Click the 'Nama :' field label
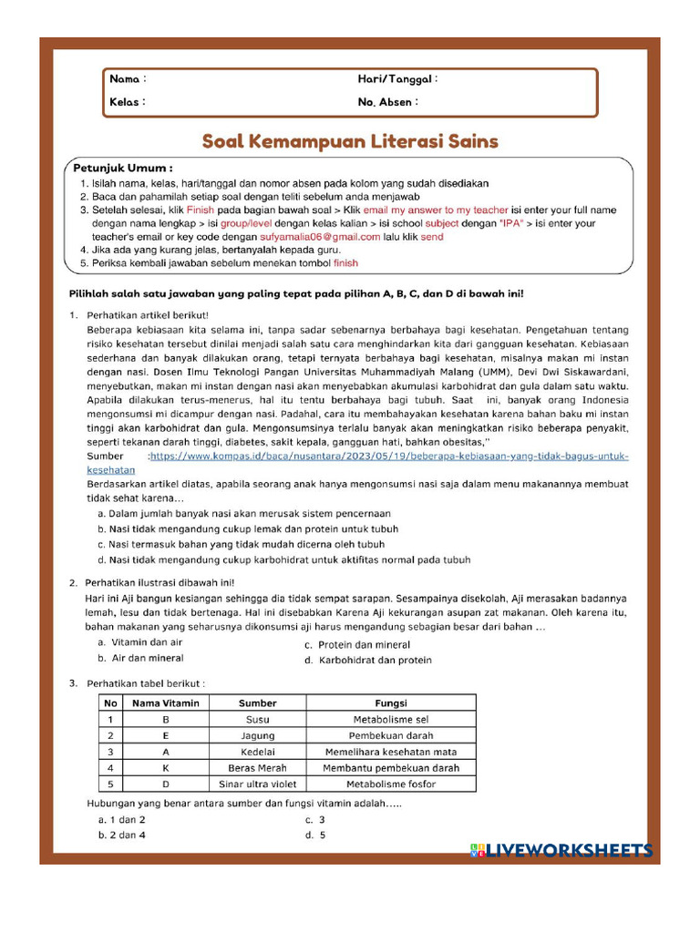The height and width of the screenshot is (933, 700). (x=128, y=80)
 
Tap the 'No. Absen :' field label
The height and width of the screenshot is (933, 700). (x=387, y=102)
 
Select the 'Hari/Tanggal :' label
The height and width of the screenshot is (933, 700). (x=397, y=80)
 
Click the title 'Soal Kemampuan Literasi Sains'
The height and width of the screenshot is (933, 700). (x=349, y=141)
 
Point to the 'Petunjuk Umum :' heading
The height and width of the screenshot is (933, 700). (x=123, y=169)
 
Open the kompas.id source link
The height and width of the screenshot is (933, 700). (x=389, y=456)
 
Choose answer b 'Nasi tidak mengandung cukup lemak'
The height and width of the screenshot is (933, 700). (x=248, y=528)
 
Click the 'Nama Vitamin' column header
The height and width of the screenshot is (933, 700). (x=165, y=702)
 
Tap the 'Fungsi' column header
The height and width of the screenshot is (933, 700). (x=391, y=702)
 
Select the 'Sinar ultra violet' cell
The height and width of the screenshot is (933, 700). (x=257, y=784)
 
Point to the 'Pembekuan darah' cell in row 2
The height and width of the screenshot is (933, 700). (x=391, y=735)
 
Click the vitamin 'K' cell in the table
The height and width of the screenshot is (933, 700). (x=165, y=768)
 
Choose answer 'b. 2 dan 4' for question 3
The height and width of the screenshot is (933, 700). (x=122, y=835)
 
